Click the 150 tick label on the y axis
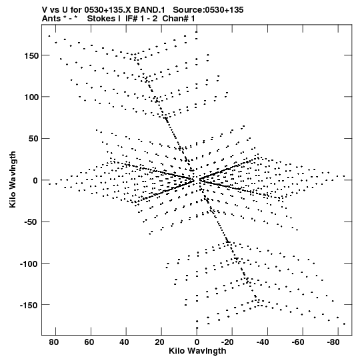pyautogui.click(x=31, y=55)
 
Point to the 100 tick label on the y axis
pyautogui.click(x=31, y=97)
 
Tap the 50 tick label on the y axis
pyautogui.click(x=33, y=139)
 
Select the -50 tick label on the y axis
pyautogui.click(x=31, y=222)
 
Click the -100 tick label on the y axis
pyautogui.click(x=29, y=264)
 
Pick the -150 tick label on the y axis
pyautogui.click(x=29, y=306)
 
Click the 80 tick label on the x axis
pyautogui.click(x=53, y=342)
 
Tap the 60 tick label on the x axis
pyautogui.click(x=89, y=342)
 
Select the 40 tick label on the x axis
pyautogui.click(x=124, y=342)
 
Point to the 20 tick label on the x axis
pyautogui.click(x=159, y=342)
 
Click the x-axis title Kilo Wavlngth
pyautogui.click(x=197, y=351)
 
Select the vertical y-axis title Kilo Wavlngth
pyautogui.click(x=13, y=179)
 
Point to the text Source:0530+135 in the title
pyautogui.click(x=208, y=10)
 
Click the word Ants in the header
pyautogui.click(x=51, y=19)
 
